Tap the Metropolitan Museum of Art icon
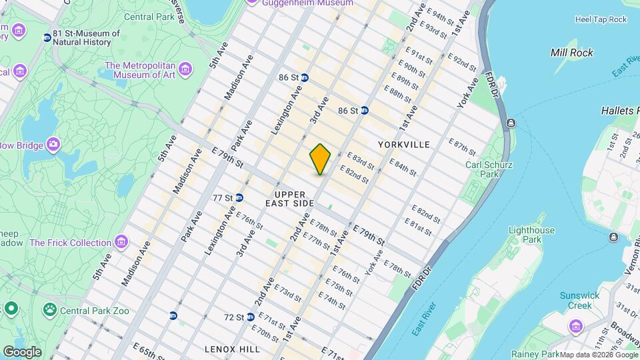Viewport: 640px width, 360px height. coord(185,67)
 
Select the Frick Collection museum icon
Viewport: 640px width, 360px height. coord(121,241)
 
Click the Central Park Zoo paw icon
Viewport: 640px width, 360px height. coord(49,309)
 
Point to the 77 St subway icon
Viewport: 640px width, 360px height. coord(239,197)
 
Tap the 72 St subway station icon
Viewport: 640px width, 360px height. coord(250,317)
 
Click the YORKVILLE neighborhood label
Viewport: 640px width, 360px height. coord(403,144)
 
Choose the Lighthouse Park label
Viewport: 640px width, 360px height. coord(531,235)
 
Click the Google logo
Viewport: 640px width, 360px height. coord(22,351)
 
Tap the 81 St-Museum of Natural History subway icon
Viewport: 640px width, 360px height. coord(47,37)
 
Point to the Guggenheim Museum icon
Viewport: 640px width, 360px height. coord(252,3)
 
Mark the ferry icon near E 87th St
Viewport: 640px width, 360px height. coord(511,122)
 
